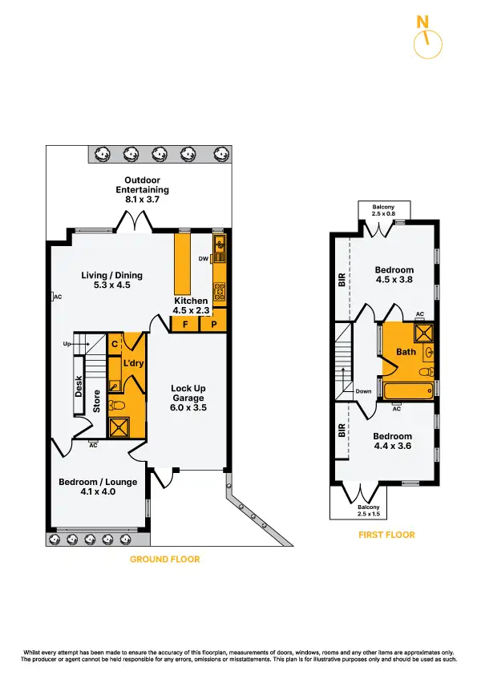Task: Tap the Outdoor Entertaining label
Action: (x=142, y=185)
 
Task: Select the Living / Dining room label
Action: (x=106, y=280)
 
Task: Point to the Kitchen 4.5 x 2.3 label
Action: (x=191, y=305)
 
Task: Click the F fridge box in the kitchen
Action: (x=185, y=325)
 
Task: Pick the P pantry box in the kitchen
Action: (x=214, y=325)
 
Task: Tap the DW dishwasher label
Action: (x=204, y=259)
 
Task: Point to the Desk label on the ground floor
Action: (x=79, y=388)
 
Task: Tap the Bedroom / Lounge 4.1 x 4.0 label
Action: (x=98, y=487)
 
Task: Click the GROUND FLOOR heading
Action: (x=164, y=560)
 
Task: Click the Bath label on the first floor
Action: (x=406, y=352)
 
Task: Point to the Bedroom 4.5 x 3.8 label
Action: (x=394, y=275)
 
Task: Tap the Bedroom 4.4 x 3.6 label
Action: (x=392, y=442)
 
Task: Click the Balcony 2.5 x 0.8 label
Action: (x=384, y=211)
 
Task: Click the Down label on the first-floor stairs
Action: (x=363, y=391)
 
